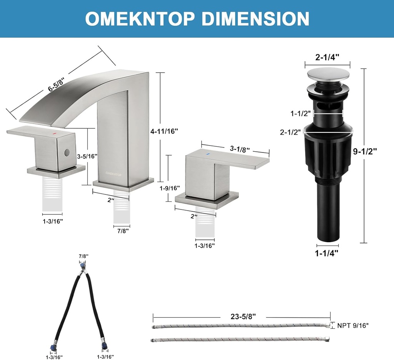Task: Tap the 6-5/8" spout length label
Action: coord(56,85)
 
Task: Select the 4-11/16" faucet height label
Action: coord(164,131)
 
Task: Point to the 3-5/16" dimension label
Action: coord(87,156)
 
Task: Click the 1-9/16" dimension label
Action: coord(170,188)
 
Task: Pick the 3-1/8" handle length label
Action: coord(240,149)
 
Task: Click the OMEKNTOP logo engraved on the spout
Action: coord(114,173)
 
